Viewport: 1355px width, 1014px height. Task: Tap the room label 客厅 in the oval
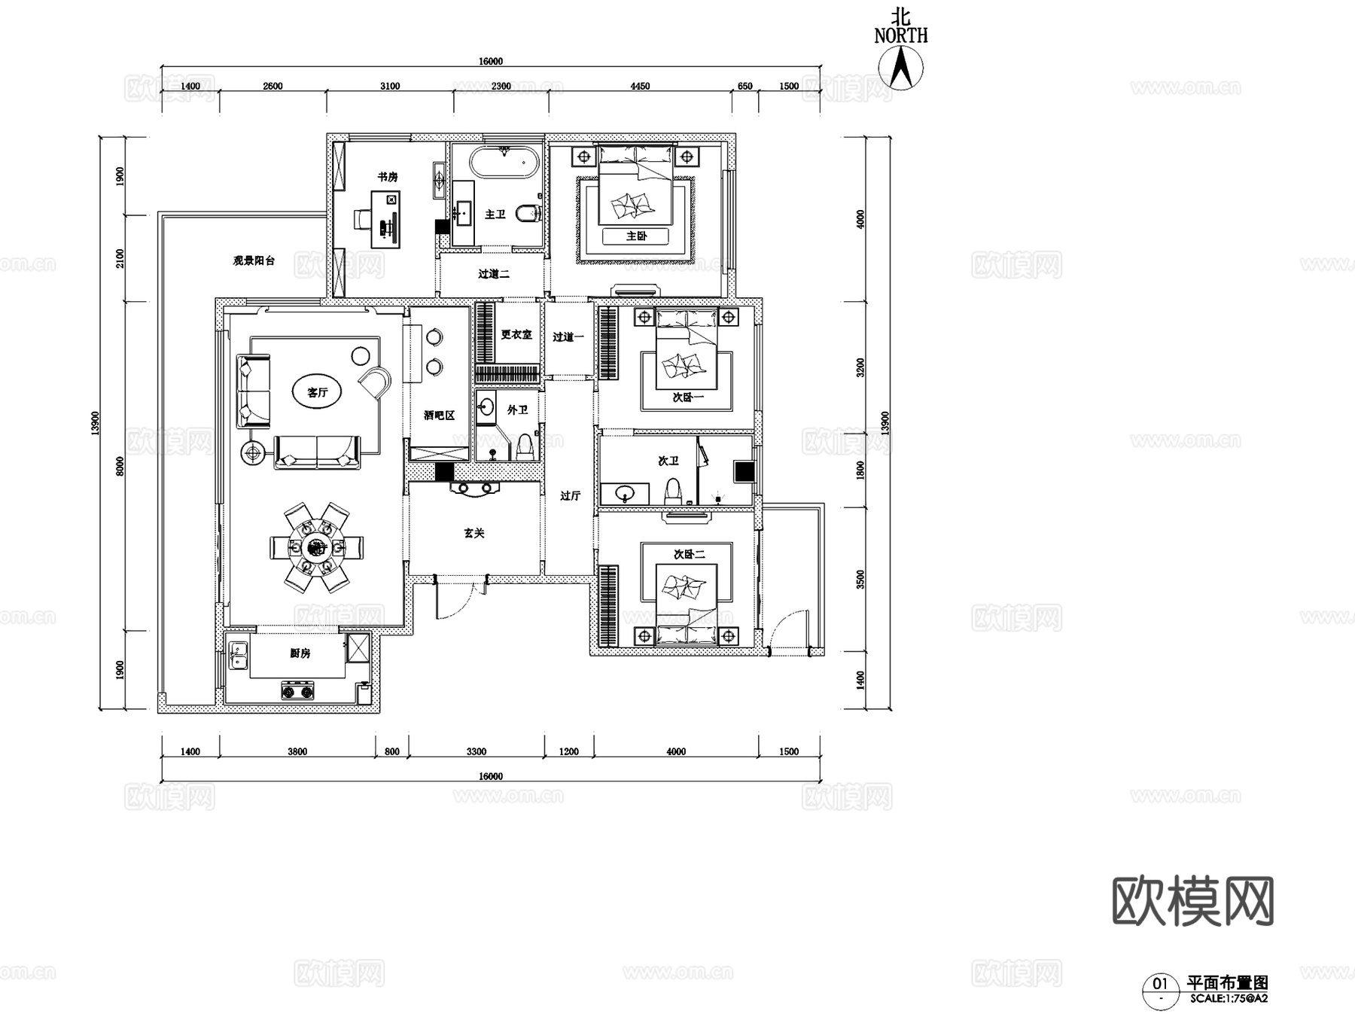[x=317, y=392]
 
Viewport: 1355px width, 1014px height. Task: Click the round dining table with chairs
[x=316, y=547]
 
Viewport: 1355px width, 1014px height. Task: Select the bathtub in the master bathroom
[x=504, y=162]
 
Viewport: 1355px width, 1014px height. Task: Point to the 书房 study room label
[x=388, y=177]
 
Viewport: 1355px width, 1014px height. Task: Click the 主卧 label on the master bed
[x=636, y=236]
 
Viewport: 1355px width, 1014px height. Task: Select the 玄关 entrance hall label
[x=474, y=533]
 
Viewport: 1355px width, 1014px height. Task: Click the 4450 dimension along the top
[x=640, y=86]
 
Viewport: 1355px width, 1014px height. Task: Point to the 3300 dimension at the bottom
[x=477, y=751]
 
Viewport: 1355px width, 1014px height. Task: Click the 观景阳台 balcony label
[x=254, y=261]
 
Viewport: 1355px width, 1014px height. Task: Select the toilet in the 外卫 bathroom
[x=525, y=447]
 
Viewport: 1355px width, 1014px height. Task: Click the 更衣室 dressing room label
[x=516, y=334]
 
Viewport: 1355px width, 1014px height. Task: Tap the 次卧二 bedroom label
[x=689, y=554]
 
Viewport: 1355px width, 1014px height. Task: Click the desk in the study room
[x=387, y=218]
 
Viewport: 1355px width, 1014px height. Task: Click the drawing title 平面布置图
[x=1227, y=982]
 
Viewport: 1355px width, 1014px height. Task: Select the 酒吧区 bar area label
[x=439, y=416]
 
